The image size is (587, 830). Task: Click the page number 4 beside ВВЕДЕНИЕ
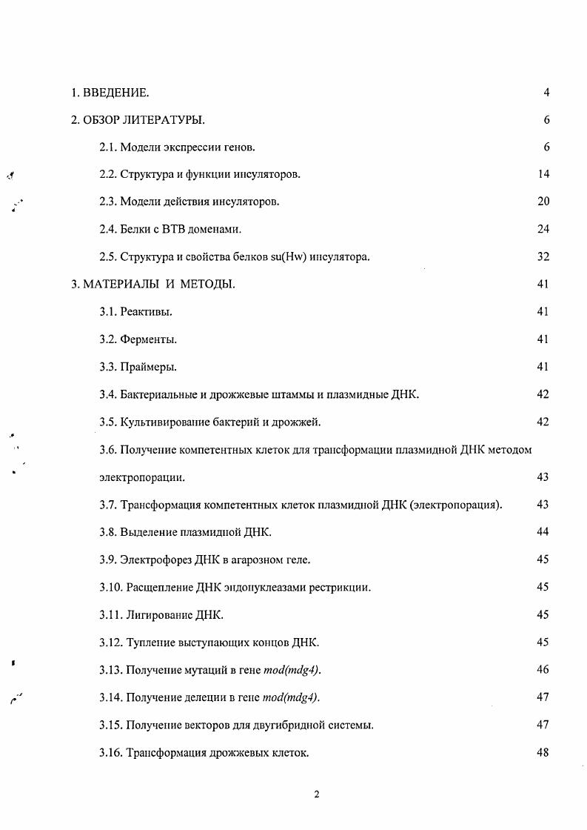pyautogui.click(x=546, y=93)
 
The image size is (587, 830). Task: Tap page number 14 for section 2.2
pyautogui.click(x=543, y=175)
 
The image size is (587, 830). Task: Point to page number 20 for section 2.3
pyautogui.click(x=543, y=202)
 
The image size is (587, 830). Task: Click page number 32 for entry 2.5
pyautogui.click(x=543, y=257)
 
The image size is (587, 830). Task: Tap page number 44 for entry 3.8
pyautogui.click(x=543, y=532)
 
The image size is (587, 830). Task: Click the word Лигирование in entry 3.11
pyautogui.click(x=159, y=614)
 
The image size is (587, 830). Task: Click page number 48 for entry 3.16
pyautogui.click(x=543, y=752)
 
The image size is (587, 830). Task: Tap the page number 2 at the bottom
pyautogui.click(x=316, y=795)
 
